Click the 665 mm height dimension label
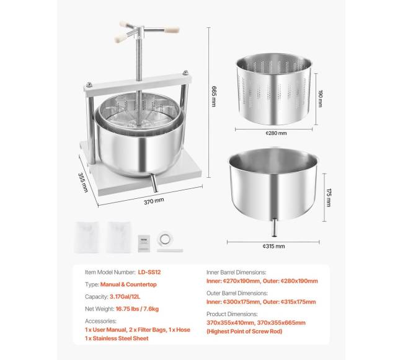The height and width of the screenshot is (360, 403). (214, 96)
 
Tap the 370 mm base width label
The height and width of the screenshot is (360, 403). (154, 201)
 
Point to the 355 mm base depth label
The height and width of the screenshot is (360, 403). (83, 183)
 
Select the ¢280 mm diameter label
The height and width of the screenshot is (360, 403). (276, 133)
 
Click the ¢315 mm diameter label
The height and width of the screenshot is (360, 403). (273, 246)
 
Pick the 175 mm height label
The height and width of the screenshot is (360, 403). (329, 198)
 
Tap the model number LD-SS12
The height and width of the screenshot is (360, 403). (149, 272)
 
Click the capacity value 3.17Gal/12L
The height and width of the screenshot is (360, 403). (125, 297)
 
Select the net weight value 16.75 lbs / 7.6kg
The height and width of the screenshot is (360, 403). (137, 309)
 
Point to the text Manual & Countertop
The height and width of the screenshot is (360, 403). (128, 284)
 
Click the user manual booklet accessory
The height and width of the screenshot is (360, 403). (144, 243)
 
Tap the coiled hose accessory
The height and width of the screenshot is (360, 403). (165, 239)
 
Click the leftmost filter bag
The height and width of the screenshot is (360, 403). (87, 237)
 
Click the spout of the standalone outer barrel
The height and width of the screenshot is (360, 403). (274, 227)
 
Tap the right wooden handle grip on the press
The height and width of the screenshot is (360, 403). (172, 30)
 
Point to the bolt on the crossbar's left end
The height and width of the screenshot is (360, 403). (89, 84)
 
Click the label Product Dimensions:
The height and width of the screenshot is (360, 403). (232, 314)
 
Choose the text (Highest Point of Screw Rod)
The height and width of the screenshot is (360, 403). (244, 331)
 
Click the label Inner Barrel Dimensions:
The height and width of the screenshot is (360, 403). (236, 272)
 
